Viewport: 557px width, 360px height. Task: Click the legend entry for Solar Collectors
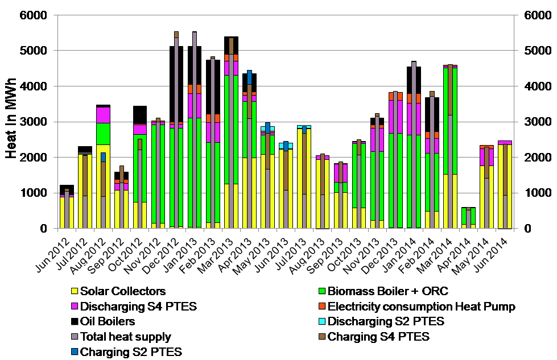pos(123,291)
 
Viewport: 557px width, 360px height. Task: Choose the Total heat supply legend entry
pos(125,337)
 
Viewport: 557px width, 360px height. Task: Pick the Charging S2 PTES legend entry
pos(131,352)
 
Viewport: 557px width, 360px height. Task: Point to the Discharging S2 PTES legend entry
pos(386,321)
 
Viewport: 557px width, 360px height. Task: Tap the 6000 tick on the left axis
pos(39,15)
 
